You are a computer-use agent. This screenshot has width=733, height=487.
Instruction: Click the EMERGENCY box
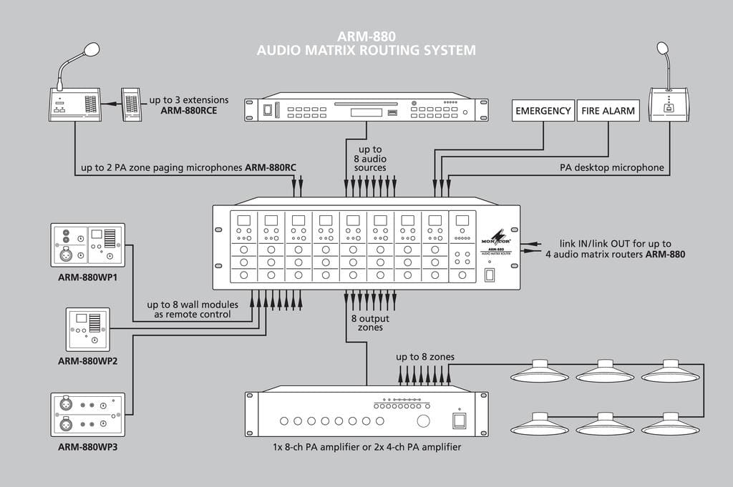pos(543,111)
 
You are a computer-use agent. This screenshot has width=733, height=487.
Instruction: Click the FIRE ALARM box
pos(608,111)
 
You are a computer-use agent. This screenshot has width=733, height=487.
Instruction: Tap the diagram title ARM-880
pos(366,36)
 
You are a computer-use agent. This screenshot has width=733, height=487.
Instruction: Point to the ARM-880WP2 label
pos(87,360)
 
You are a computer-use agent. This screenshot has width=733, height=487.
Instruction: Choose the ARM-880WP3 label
pos(87,447)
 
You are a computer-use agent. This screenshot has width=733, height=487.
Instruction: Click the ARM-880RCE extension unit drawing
pos(131,105)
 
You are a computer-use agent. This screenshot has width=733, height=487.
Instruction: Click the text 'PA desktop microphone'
pos(612,169)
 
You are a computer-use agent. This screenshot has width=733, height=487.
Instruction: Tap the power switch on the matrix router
pos(490,275)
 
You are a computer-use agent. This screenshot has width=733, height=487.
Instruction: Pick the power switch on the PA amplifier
pos(459,420)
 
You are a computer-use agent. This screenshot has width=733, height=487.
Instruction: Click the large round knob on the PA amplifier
pos(424,420)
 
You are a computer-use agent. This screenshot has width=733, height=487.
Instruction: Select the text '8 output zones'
pos(366,323)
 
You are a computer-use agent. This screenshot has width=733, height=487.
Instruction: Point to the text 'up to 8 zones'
pos(425,357)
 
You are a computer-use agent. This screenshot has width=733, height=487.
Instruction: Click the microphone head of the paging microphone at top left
pos(91,49)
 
